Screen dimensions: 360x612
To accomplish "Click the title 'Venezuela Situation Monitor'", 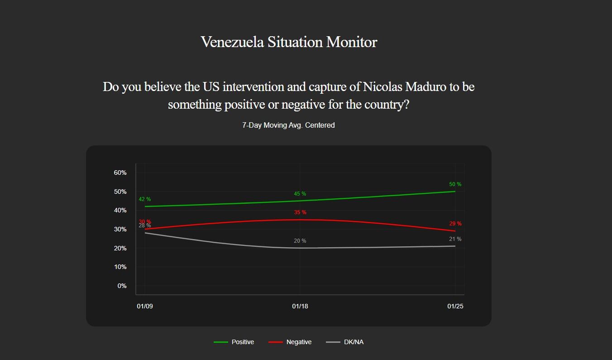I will (x=289, y=42).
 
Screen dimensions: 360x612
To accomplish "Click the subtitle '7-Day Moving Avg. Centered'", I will (x=288, y=125).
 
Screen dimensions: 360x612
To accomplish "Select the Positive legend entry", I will (x=234, y=342).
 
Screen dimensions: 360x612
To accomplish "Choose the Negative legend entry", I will (x=290, y=342).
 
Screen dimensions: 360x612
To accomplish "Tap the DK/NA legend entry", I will (x=345, y=342).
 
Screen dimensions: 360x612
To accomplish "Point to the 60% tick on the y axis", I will (x=120, y=173).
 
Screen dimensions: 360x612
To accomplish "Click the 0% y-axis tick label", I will (x=122, y=286).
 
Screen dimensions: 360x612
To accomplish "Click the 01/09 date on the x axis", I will (x=145, y=307).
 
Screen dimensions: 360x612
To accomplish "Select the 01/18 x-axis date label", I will (x=300, y=307).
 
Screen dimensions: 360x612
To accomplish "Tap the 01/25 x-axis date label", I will (x=455, y=307).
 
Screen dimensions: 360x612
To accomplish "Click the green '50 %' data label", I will (x=455, y=185).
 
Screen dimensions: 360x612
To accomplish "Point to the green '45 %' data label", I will (x=300, y=194).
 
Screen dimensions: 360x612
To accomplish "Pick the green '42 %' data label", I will (x=145, y=200).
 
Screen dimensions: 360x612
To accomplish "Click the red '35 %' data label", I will (x=300, y=213).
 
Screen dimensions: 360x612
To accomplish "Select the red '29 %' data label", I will (x=455, y=224).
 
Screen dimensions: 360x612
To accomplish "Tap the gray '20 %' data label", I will (x=300, y=241).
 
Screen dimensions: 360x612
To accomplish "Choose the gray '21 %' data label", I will (x=455, y=240).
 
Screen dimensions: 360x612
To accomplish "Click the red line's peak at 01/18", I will (x=300, y=220).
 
